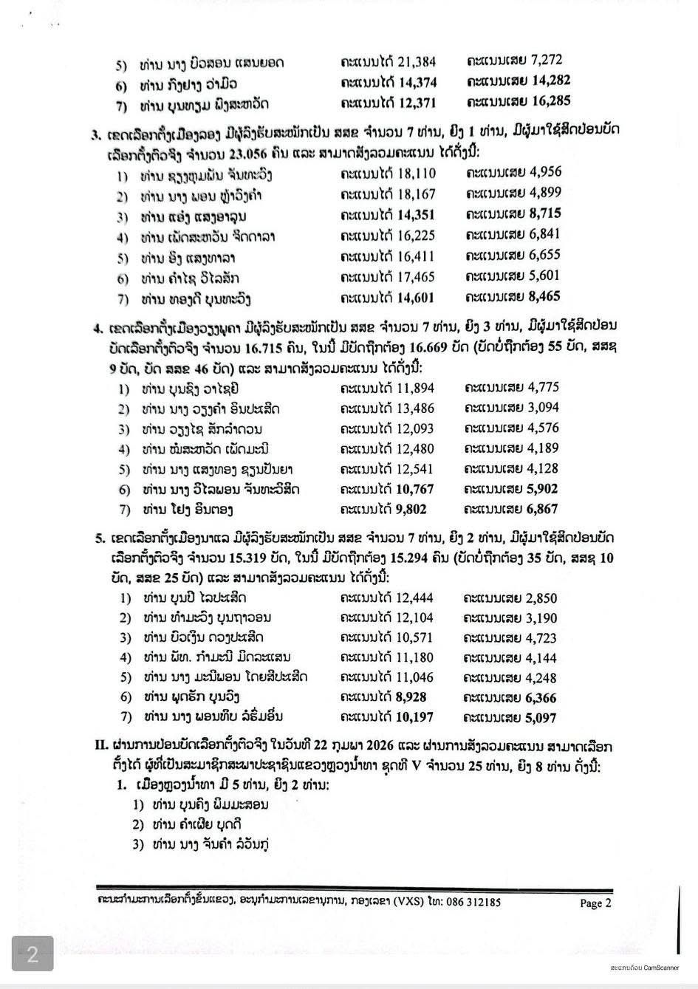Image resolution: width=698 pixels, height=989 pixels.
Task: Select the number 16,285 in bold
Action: (x=550, y=101)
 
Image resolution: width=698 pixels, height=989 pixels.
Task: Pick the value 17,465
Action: (x=416, y=277)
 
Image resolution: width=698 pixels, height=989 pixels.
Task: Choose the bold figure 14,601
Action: (x=416, y=298)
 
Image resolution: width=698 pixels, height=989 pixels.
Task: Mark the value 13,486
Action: (x=415, y=408)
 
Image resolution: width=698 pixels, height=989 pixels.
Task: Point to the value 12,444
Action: (x=414, y=598)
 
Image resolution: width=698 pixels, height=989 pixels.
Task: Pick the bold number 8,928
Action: (x=411, y=697)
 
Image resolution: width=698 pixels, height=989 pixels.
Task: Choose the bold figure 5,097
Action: (x=540, y=717)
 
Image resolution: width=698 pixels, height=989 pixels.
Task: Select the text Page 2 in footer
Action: (x=595, y=903)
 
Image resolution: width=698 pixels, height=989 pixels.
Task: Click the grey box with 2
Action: (x=32, y=955)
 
